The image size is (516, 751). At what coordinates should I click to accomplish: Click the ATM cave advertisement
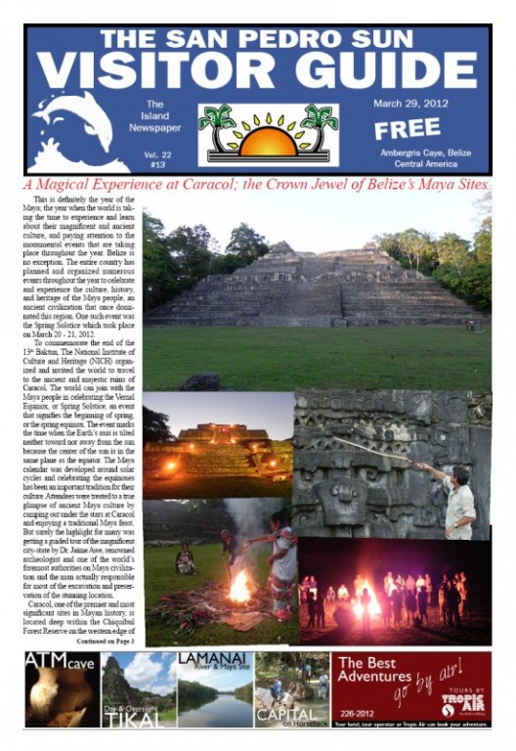pyautogui.click(x=62, y=689)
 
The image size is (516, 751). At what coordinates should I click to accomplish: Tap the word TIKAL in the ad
pyautogui.click(x=137, y=717)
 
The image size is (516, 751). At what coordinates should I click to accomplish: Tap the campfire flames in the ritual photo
pyautogui.click(x=239, y=587)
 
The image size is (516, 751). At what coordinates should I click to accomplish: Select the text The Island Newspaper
pyautogui.click(x=154, y=118)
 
